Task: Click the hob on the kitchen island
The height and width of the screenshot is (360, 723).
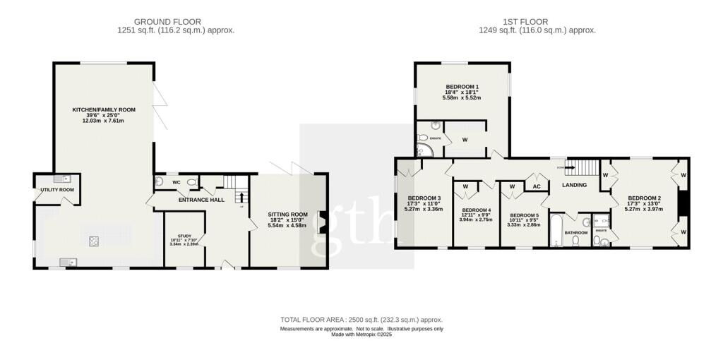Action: click(93, 241)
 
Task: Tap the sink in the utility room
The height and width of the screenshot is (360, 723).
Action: click(56, 179)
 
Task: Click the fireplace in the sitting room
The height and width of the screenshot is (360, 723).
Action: click(322, 221)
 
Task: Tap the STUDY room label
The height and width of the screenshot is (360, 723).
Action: click(184, 236)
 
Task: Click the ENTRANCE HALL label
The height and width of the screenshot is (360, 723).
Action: click(201, 200)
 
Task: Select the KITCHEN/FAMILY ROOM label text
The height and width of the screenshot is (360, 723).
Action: click(104, 110)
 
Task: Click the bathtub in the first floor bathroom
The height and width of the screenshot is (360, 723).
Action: click(556, 232)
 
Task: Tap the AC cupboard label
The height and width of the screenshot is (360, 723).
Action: click(536, 186)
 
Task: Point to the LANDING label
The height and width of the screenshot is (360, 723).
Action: click(574, 185)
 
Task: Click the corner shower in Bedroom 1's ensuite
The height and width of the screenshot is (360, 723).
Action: click(422, 150)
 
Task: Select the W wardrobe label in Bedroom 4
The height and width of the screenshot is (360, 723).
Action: click(466, 186)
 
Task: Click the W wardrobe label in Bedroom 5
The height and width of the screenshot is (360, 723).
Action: click(512, 186)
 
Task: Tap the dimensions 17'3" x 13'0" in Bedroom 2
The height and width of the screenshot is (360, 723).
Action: click(644, 203)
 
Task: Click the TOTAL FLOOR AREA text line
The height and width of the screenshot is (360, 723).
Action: click(361, 320)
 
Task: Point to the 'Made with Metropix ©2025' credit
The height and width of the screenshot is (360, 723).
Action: click(361, 335)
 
